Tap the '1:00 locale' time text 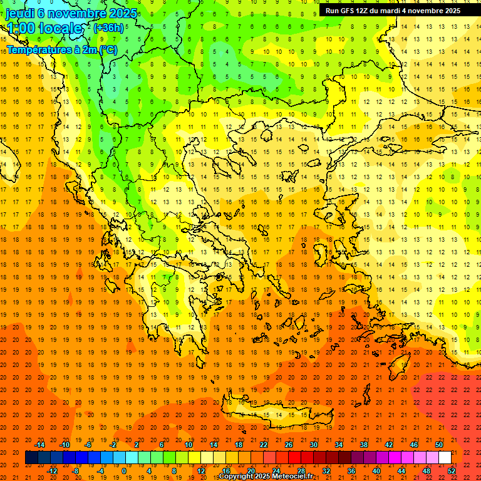tap(44, 28)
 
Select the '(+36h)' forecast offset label tap(108, 28)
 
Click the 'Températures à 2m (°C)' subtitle tap(62, 49)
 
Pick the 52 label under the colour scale tap(452, 471)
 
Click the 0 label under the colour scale tap(123, 471)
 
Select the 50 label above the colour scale tap(439, 445)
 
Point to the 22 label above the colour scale tap(264, 445)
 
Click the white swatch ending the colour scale tap(445, 458)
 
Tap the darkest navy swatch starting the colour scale tap(31, 458)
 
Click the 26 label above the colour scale tap(289, 445)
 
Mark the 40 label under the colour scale tap(376, 471)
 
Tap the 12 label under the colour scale tap(201, 471)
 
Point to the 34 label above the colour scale tap(339, 445)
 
